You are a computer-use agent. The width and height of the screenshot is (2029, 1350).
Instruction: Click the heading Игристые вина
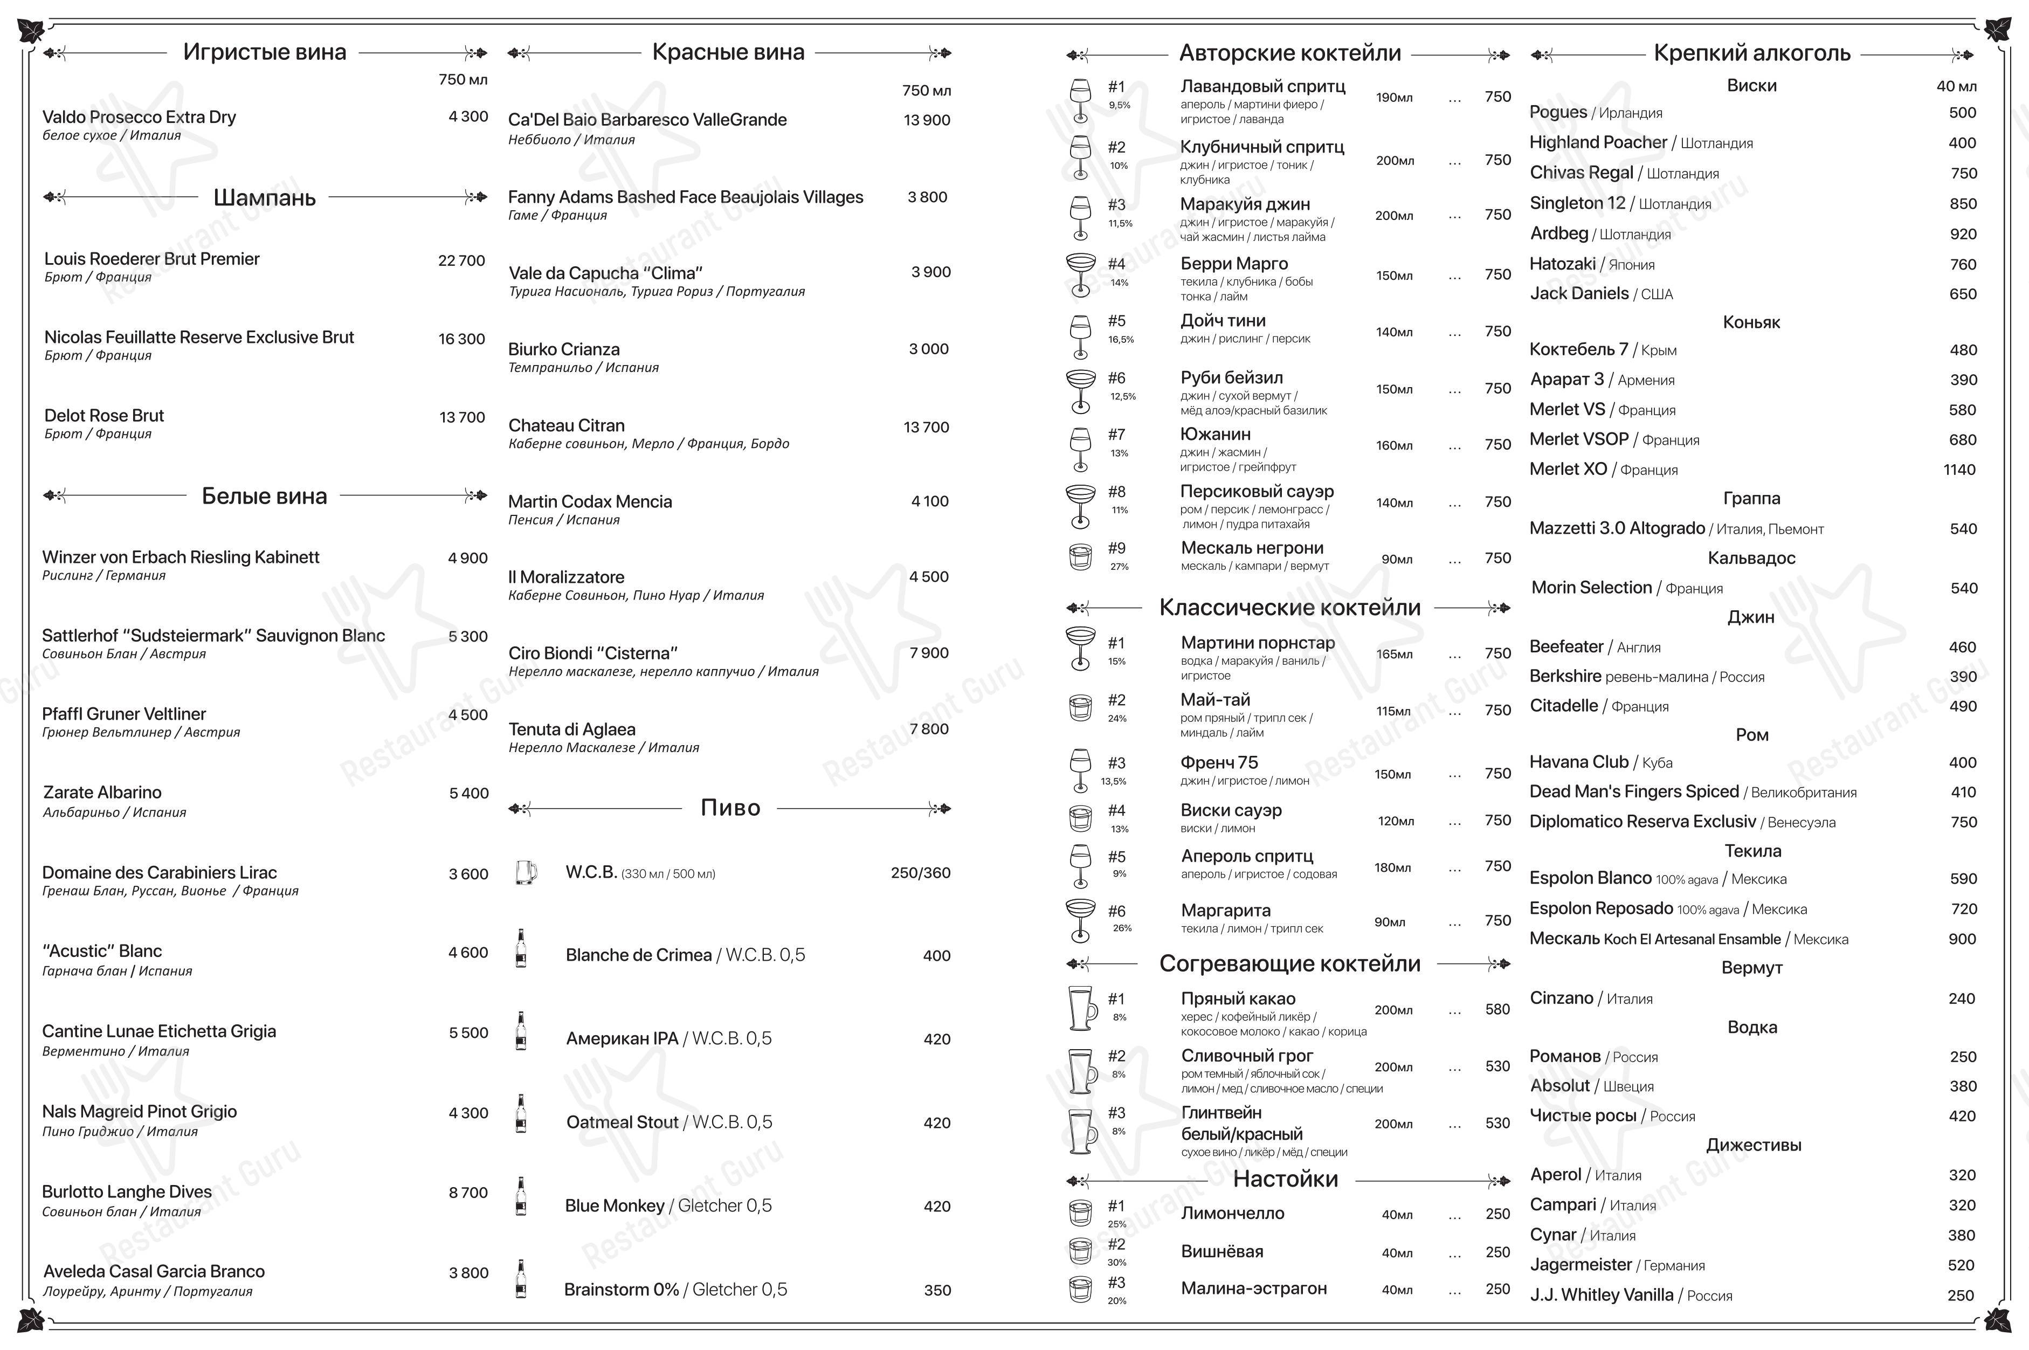coord(264,52)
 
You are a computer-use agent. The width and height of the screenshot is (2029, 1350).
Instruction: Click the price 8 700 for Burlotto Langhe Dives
coord(467,1193)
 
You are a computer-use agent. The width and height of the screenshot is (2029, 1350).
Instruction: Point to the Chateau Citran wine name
coord(567,426)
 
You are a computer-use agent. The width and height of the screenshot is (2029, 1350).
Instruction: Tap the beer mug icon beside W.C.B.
coord(525,872)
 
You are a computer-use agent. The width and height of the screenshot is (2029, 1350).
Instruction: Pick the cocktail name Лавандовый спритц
coord(1262,87)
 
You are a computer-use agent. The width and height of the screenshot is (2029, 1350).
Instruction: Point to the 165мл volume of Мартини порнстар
coord(1393,655)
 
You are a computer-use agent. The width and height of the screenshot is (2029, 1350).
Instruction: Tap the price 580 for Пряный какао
coord(1497,1009)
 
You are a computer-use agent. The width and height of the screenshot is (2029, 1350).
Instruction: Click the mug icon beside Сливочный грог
coord(1081,1071)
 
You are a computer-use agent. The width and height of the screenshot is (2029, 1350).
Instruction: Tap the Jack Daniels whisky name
coord(1579,294)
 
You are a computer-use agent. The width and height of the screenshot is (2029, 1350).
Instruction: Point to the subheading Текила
coord(1752,851)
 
